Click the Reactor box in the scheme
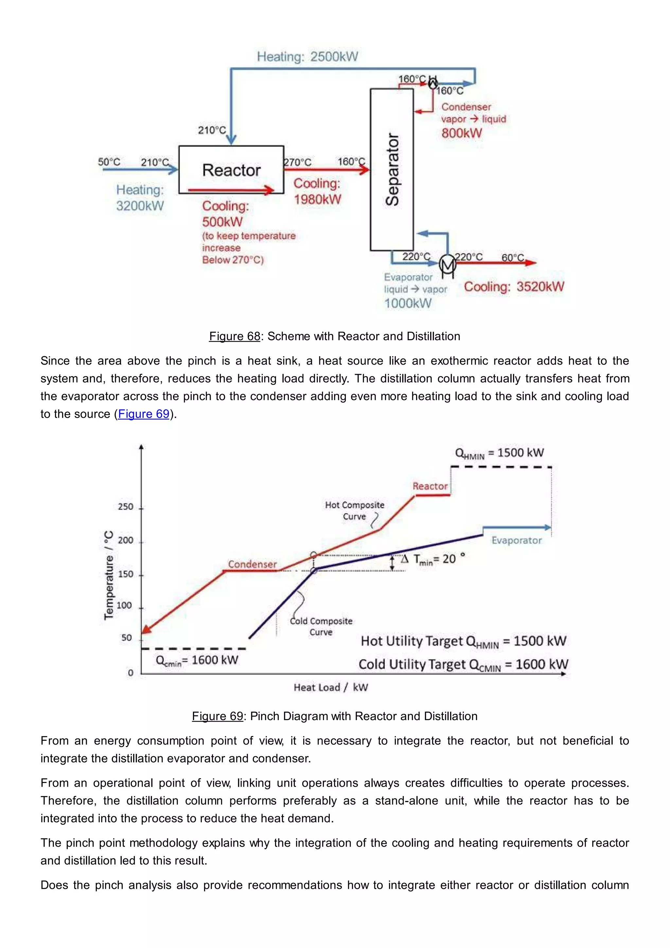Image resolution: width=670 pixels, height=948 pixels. click(231, 169)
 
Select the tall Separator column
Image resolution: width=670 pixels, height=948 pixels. click(392, 169)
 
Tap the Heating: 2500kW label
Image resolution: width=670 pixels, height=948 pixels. click(308, 57)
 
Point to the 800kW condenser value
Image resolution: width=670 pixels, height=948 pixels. click(461, 133)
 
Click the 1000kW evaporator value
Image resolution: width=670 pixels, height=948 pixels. click(408, 303)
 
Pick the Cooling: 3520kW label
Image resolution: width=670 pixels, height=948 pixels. click(514, 286)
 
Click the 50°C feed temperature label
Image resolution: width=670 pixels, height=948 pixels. click(109, 162)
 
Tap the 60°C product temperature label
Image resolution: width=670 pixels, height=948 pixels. click(512, 258)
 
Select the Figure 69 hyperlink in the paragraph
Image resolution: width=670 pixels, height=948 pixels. click(144, 414)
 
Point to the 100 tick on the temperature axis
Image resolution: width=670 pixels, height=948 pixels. click(124, 605)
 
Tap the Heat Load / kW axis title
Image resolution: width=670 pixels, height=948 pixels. click(330, 687)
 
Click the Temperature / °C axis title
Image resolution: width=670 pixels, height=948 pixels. click(109, 575)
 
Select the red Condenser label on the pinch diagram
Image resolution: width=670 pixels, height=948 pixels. click(252, 564)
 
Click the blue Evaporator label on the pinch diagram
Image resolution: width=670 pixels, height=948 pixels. click(516, 540)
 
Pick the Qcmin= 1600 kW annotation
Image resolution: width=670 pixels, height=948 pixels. click(197, 660)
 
